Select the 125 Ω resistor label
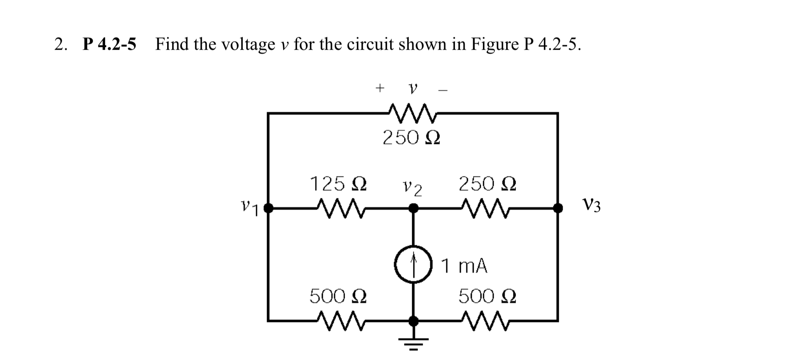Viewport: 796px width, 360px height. (338, 183)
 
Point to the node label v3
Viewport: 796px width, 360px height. (592, 205)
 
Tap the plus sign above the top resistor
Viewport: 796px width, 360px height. (380, 88)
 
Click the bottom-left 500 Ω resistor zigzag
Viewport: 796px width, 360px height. (340, 321)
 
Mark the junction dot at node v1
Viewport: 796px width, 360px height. (268, 209)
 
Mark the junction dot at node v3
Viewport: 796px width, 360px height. (558, 209)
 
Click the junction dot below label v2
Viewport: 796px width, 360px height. (414, 209)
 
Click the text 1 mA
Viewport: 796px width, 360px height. (464, 266)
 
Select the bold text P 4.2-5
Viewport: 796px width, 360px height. (109, 45)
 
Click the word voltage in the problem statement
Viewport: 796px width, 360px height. (248, 45)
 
